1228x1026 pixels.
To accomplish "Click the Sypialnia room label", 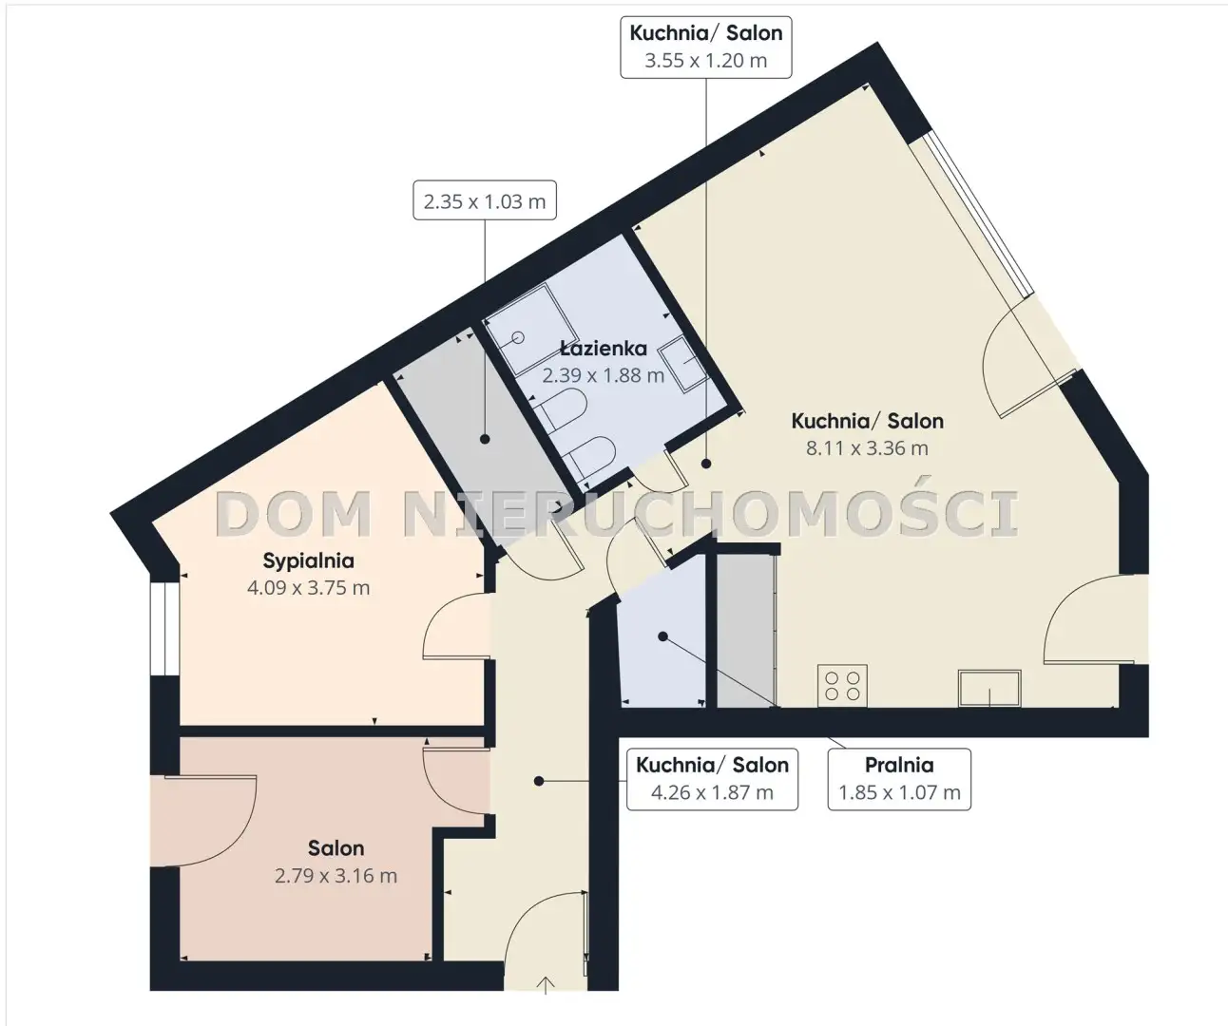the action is coord(308,561).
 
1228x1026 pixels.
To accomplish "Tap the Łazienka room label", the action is coord(604,348).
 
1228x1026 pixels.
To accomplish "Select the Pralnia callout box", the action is coord(899,779).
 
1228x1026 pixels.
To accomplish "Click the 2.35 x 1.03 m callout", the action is coord(485,200).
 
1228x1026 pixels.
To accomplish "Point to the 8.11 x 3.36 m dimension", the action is coord(867,448).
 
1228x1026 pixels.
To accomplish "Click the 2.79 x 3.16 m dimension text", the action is coord(336,876).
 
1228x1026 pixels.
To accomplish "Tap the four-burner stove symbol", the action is coord(842,685).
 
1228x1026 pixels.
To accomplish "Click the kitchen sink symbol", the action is coord(989,688).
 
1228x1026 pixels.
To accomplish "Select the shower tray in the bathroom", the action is coord(530,330).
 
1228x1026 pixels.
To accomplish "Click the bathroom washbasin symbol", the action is coord(682,365).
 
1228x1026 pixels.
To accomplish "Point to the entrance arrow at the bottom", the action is coord(546,985).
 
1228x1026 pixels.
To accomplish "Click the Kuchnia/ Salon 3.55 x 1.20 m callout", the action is coord(706,47).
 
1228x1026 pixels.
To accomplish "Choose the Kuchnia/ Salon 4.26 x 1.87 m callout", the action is coord(712,779).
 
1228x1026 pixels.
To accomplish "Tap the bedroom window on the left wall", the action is coord(164,629).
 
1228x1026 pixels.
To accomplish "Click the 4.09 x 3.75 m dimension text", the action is coord(308,588).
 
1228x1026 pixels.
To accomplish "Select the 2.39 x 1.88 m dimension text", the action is coord(604,375).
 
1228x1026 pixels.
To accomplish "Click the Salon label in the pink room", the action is coord(336,847).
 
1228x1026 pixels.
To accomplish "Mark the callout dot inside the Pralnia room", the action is coord(662,636).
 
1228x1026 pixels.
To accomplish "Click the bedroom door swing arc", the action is coord(438,612).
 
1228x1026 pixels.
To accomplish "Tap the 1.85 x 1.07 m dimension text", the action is coord(899,792).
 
